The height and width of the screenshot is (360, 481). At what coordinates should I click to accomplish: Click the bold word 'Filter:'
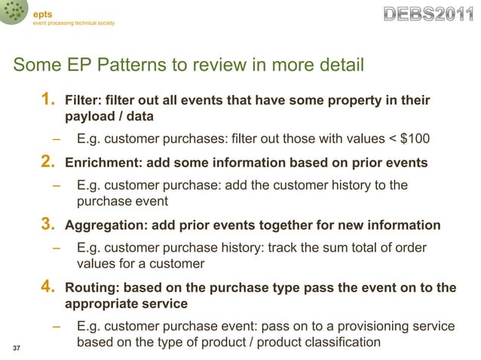pos(84,100)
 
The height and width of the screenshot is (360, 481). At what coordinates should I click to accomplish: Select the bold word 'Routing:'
pos(91,287)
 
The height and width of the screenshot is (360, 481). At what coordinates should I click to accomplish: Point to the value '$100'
pos(416,139)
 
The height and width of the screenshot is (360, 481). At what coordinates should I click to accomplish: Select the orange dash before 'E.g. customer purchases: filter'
pos(57,139)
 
